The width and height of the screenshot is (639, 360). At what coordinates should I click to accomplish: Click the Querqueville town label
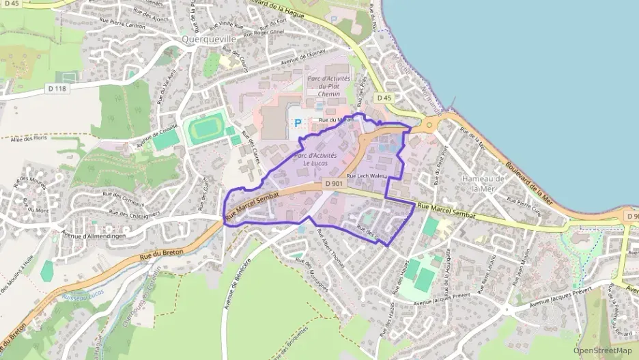209,40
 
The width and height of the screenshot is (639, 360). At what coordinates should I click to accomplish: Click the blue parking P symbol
297,123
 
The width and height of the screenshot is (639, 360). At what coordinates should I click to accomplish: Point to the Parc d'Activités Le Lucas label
315,159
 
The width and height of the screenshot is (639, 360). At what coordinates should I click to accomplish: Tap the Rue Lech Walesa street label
367,176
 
